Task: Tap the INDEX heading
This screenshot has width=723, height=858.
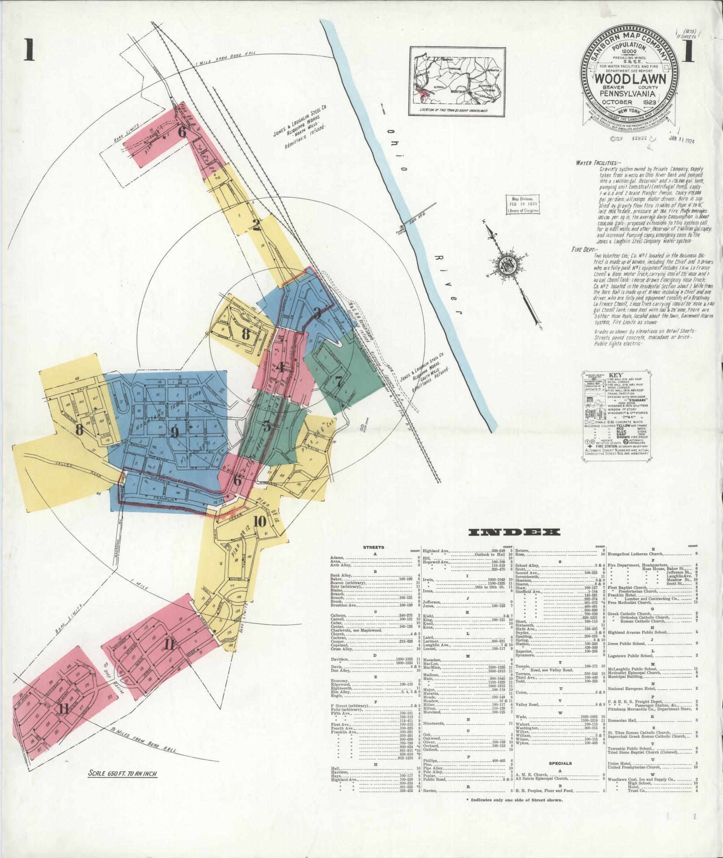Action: [x=514, y=532]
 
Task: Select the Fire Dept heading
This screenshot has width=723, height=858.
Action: [x=584, y=249]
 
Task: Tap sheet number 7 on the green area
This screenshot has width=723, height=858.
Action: [x=338, y=381]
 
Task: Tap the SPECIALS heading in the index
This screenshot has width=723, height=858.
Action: [x=560, y=763]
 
